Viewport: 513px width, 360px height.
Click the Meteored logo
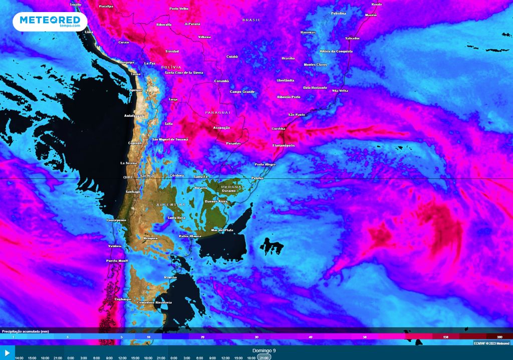pos(50,21)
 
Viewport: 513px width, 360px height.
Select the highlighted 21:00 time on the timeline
pos(264,357)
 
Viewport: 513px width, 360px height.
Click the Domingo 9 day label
pos(264,350)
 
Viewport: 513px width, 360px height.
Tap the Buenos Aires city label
pos(216,201)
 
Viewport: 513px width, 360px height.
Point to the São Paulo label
pos(297,115)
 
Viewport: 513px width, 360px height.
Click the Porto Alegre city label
pos(265,164)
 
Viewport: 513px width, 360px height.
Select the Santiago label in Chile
pos(133,192)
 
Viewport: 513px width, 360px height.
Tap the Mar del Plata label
pos(222,230)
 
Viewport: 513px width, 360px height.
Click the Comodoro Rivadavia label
pos(154,302)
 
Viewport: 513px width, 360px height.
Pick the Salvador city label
pos(352,38)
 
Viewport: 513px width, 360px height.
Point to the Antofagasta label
pos(134,116)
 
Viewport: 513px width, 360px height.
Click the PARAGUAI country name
pos(217,113)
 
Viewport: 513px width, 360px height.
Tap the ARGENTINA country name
pos(171,205)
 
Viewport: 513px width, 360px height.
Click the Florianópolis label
pos(284,145)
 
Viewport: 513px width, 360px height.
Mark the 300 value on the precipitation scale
pos(499,337)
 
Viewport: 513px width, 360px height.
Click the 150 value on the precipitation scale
pos(445,337)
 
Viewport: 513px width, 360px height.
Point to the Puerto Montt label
pos(117,261)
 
